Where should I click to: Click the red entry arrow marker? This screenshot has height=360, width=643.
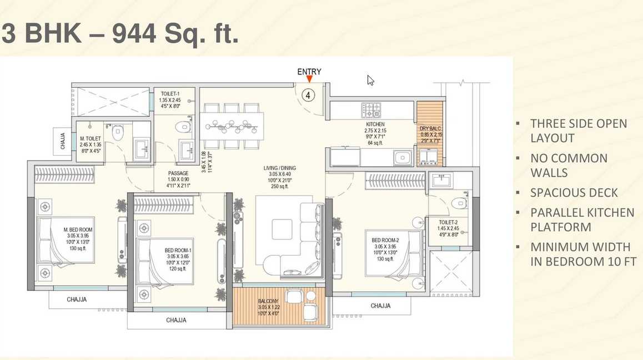click(309, 79)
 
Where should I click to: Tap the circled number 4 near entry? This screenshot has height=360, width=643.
click(308, 95)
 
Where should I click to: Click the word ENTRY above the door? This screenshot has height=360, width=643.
click(309, 71)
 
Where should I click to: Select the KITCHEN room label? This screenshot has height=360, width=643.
click(375, 124)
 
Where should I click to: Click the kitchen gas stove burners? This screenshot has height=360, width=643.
click(371, 108)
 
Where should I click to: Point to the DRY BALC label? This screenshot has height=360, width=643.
click(430, 128)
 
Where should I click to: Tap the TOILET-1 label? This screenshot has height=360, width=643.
click(170, 94)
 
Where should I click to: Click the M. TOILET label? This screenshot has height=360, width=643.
click(90, 138)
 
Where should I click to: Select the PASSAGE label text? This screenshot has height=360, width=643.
click(178, 173)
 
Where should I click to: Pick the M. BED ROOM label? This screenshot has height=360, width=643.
click(78, 229)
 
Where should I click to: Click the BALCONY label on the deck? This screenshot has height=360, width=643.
click(269, 301)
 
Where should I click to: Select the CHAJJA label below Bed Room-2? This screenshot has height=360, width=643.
click(380, 306)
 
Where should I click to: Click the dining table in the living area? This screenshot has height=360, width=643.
click(232, 126)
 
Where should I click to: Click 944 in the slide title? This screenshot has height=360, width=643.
click(134, 34)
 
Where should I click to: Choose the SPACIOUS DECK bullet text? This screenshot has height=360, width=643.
click(574, 193)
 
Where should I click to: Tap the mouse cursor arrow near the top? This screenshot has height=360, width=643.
click(370, 80)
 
